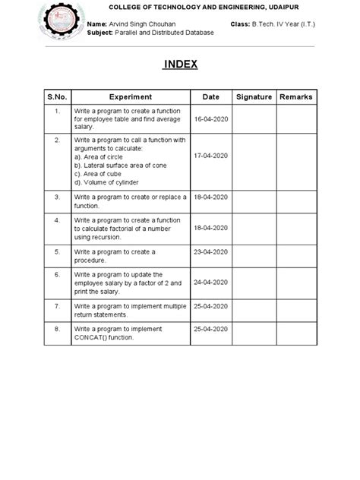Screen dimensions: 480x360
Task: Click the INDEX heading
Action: [180, 65]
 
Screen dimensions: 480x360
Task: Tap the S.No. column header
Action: [56, 97]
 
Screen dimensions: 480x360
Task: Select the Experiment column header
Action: [131, 97]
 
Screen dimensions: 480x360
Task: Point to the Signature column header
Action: [254, 97]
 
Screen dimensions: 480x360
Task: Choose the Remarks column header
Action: [295, 97]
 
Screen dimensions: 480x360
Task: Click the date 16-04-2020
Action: [210, 119]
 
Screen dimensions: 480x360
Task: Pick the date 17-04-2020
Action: [210, 156]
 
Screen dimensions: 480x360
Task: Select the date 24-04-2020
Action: [210, 282]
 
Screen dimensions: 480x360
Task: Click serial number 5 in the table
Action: [56, 251]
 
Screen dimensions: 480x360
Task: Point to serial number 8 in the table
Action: [56, 330]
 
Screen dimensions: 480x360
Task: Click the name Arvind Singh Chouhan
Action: [143, 25]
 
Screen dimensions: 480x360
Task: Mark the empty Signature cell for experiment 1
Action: [254, 119]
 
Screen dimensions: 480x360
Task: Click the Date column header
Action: [210, 97]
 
